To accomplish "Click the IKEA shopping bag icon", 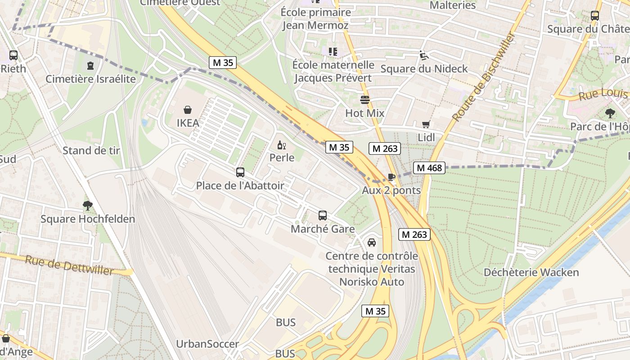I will pos(188,110).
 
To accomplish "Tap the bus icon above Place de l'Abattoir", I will pos(240,172).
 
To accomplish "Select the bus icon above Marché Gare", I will pos(323,216).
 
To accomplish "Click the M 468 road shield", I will pos(429,168).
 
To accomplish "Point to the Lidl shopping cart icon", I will pos(426,124).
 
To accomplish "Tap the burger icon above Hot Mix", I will pos(364,99).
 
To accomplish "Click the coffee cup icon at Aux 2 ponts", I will pos(391,177).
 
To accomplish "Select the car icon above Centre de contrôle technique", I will pos(372,243).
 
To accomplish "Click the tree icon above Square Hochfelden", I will pos(88,206).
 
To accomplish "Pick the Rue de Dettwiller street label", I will pos(69,265).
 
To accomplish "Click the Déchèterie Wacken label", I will pos(531,272).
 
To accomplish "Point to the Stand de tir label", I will pos(91,150).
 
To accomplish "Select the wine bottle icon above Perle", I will pos(282,145).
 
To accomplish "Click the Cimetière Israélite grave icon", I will pos(90,66).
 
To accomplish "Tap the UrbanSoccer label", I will pos(207,344).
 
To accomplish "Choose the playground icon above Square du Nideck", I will pos(423,55).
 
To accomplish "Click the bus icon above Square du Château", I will pos(594,16).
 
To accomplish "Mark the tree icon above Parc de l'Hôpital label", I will pos(610,113).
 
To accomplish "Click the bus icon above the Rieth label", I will pos(13,55).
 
